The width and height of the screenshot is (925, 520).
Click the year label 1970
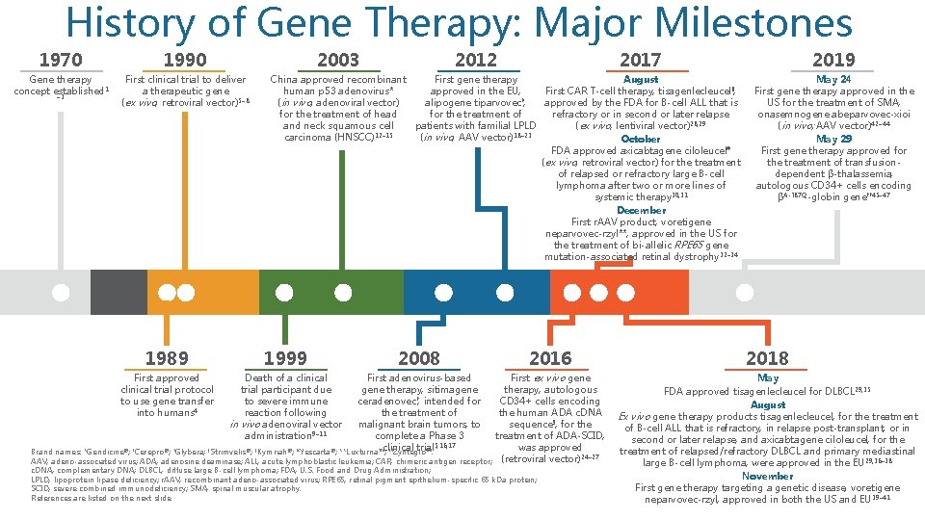[x=61, y=60]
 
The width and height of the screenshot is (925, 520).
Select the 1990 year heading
[x=186, y=60]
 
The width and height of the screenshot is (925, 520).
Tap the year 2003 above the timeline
[x=338, y=60]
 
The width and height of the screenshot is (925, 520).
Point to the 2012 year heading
[x=476, y=60]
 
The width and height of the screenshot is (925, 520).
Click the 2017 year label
[x=641, y=60]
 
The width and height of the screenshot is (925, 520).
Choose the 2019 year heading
[x=833, y=60]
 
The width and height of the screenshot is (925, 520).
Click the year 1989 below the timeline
[x=167, y=358]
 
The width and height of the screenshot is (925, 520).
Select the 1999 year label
[x=285, y=358]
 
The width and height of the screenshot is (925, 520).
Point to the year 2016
[x=549, y=358]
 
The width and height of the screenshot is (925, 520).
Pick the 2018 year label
[x=767, y=358]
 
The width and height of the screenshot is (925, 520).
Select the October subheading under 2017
[x=641, y=139]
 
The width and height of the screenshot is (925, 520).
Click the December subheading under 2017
[x=641, y=210]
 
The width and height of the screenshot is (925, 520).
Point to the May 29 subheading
[x=833, y=139]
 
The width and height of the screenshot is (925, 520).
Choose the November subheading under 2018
[x=767, y=476]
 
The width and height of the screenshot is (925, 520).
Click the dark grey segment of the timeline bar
[x=119, y=292]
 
